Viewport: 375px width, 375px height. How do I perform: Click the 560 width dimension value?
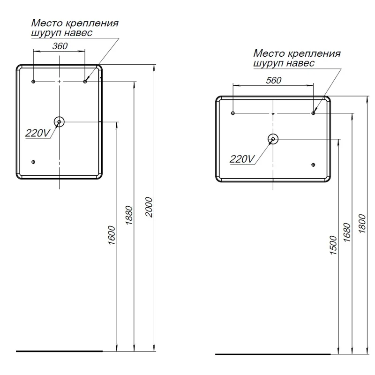click(x=273, y=80)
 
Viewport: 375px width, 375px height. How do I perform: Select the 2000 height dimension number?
click(x=149, y=206)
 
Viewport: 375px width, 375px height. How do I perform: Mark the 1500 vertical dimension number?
click(x=333, y=245)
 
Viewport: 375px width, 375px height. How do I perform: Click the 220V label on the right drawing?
click(x=241, y=159)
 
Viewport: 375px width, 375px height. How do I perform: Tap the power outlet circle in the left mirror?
click(x=59, y=122)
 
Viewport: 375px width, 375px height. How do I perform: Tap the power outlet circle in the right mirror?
click(x=273, y=139)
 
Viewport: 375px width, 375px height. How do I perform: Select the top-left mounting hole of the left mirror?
click(x=33, y=82)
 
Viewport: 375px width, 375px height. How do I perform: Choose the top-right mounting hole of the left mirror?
click(x=85, y=82)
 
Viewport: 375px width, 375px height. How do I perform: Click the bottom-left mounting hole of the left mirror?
click(x=33, y=162)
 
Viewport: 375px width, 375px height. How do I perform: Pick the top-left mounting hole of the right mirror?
click(x=233, y=113)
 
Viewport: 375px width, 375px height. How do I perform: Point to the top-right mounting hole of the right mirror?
click(x=314, y=113)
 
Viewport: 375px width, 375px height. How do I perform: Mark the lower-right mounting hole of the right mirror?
click(x=313, y=164)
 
